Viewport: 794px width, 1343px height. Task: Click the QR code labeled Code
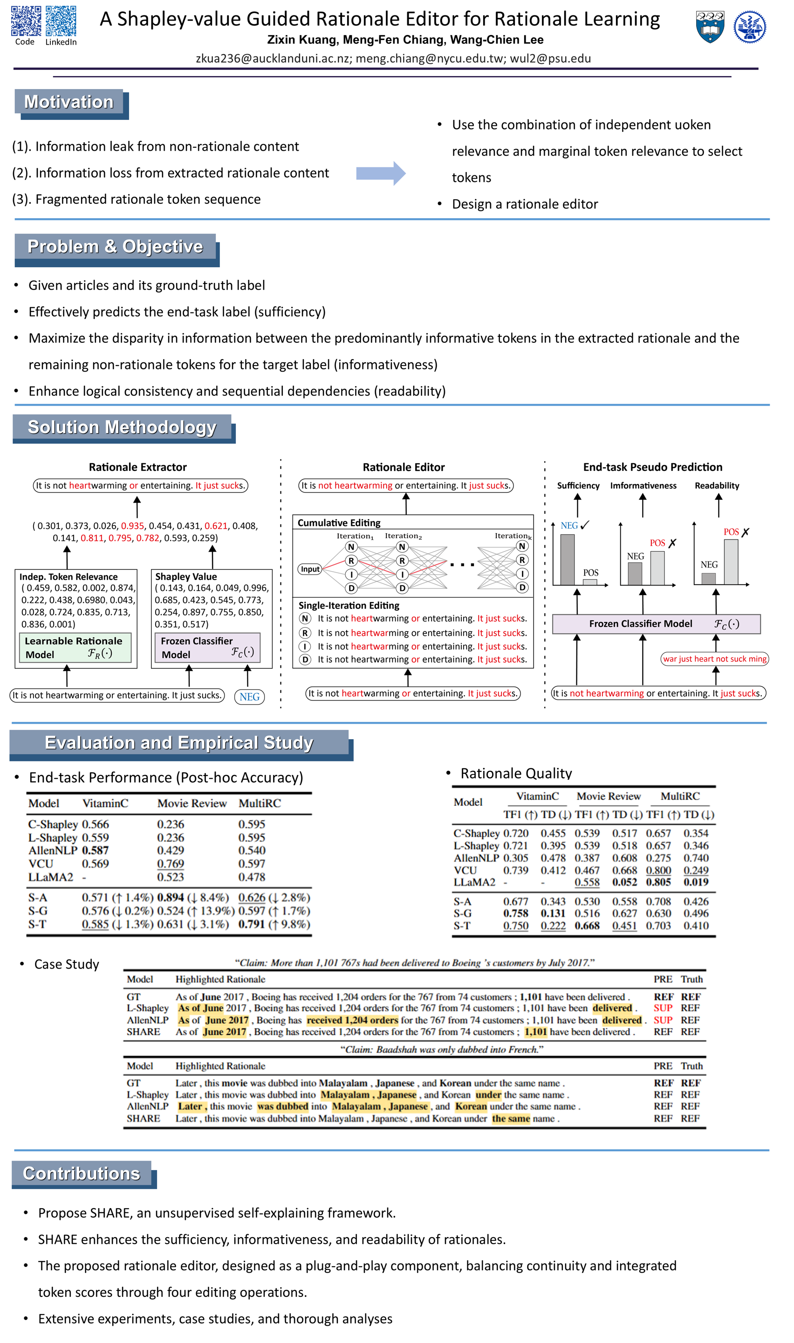coord(26,21)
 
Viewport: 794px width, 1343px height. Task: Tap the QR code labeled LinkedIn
coord(61,21)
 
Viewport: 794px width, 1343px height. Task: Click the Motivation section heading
coord(69,102)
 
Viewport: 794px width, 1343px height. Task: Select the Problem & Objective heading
coord(115,247)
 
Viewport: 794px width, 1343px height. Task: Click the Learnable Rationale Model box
coord(75,648)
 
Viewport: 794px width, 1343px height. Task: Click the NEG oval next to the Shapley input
coord(249,697)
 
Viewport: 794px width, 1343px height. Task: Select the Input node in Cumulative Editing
coord(310,569)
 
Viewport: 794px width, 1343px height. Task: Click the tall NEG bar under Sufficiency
coord(567,560)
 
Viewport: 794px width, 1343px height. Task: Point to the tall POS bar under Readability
coord(731,561)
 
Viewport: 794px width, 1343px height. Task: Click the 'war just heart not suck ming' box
coord(714,659)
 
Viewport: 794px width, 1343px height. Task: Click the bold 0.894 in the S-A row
coord(171,898)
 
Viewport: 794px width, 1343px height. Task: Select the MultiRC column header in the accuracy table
coord(260,803)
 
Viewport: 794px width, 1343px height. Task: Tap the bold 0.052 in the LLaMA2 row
coord(624,882)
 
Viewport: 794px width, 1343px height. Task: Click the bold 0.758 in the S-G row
coord(516,914)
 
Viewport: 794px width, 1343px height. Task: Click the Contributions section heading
coord(82,1174)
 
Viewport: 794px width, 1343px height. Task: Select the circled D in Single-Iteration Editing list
coord(305,659)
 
